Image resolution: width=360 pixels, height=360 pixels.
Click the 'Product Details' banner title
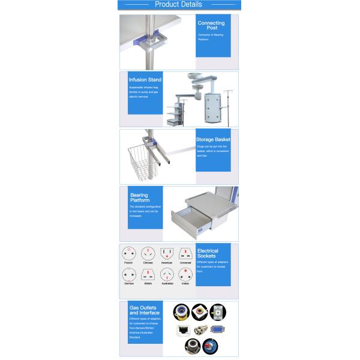(x=179, y=4)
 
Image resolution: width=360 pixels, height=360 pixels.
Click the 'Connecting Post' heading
(x=211, y=25)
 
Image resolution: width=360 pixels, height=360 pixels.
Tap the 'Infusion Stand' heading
(x=145, y=79)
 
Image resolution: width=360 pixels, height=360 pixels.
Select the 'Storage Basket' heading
(x=213, y=139)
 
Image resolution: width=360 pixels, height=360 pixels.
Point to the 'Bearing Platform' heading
(x=139, y=197)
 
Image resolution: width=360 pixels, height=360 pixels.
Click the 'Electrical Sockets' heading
(x=208, y=253)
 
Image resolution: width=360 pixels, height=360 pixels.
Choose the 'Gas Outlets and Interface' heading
(x=145, y=310)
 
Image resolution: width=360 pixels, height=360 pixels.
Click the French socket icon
(x=128, y=253)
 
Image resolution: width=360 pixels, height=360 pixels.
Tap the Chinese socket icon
(x=148, y=253)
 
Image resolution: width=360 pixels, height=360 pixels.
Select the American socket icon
(x=167, y=253)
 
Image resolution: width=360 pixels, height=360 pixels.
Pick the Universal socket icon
(x=185, y=253)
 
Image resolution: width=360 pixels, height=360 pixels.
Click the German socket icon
(x=129, y=274)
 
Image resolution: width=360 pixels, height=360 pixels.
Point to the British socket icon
(x=148, y=274)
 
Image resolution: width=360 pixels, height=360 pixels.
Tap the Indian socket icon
(x=185, y=274)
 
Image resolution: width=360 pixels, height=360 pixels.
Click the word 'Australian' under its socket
(x=167, y=283)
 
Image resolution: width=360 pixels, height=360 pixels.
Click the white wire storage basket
(x=142, y=160)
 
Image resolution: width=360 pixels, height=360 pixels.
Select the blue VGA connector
(x=217, y=329)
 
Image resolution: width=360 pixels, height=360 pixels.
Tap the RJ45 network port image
(x=183, y=331)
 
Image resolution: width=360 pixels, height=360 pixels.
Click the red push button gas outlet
(x=210, y=346)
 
